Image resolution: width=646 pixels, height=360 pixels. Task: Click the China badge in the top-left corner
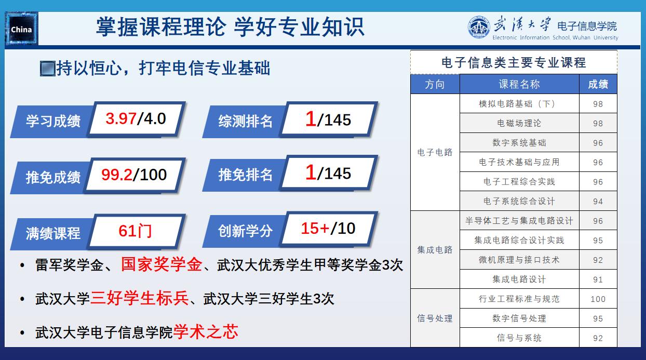[x=21, y=28]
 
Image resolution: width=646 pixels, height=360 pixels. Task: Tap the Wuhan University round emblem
[x=479, y=27]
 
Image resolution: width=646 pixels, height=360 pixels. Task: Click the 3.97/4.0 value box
[x=136, y=119]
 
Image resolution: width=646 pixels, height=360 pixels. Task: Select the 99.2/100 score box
[x=134, y=175]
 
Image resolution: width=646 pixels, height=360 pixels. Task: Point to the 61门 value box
[x=136, y=231]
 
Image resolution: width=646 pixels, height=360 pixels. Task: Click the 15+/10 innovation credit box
[x=328, y=229]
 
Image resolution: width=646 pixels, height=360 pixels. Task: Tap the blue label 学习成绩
[x=53, y=121]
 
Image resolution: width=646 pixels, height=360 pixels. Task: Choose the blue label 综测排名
[x=246, y=121]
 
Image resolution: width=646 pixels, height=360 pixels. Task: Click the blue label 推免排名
[x=246, y=175]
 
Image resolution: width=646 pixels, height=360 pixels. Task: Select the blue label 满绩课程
[x=53, y=233]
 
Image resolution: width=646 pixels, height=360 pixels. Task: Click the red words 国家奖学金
[x=161, y=264]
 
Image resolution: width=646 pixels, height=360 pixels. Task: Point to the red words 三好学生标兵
[x=140, y=298]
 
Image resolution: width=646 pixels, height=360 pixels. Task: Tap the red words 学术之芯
[x=206, y=332]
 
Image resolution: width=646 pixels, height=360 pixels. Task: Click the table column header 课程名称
[x=519, y=84]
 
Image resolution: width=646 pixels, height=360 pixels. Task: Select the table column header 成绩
[x=598, y=84]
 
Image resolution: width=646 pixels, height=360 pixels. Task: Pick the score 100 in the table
[x=598, y=299]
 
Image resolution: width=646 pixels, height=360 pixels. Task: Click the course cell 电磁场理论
[x=519, y=123]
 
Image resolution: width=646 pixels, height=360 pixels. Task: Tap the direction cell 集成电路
[x=435, y=250]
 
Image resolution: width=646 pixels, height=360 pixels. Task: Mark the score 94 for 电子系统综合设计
[x=598, y=202]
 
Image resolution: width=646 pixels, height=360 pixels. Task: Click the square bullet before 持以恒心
[x=48, y=69]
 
